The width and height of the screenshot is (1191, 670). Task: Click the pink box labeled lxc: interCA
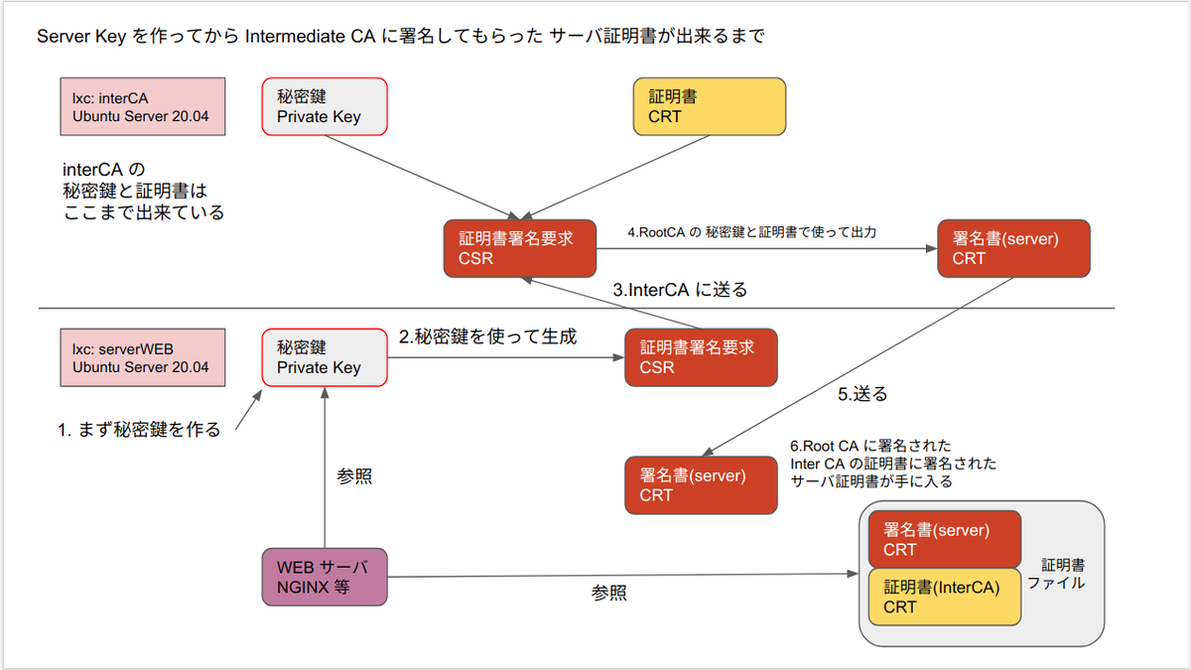click(x=139, y=107)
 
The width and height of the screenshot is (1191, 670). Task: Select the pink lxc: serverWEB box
click(x=139, y=357)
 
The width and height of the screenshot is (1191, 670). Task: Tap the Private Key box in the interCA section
click(x=325, y=107)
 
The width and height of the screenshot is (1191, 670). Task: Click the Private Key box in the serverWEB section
click(x=325, y=357)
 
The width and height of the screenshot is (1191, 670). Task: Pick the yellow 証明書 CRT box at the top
click(x=710, y=107)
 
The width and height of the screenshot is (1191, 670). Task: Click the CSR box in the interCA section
click(x=520, y=248)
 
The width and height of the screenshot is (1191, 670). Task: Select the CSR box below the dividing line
click(x=701, y=357)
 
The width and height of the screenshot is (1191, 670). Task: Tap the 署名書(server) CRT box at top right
click(x=1013, y=248)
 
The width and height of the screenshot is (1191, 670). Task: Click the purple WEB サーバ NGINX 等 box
click(x=325, y=577)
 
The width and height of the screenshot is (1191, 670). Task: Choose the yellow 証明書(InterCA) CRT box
click(x=945, y=597)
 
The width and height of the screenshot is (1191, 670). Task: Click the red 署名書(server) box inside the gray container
click(x=945, y=539)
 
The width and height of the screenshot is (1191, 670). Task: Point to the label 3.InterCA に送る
click(x=679, y=291)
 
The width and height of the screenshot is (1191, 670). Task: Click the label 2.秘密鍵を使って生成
click(x=487, y=336)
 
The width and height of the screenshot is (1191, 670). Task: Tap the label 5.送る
click(x=862, y=394)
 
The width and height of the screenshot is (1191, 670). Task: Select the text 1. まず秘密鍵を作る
click(x=139, y=431)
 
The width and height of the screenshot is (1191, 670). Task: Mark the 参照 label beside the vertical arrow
click(x=354, y=476)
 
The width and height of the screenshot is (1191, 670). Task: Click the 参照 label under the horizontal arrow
click(x=609, y=593)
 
